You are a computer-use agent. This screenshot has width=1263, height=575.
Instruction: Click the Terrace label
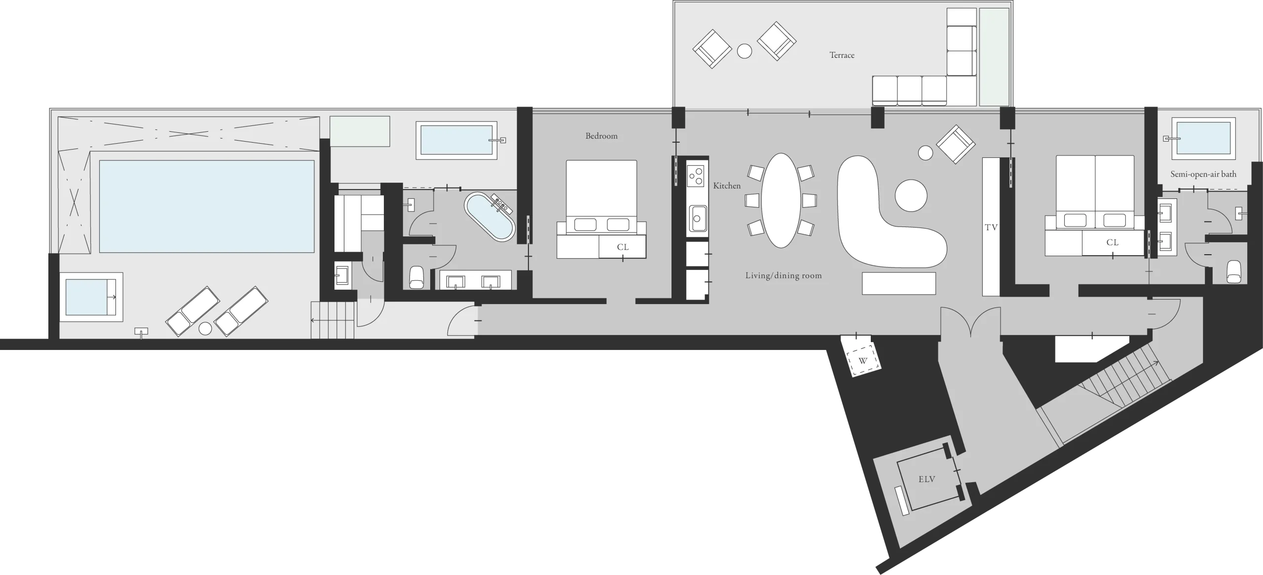tap(842, 55)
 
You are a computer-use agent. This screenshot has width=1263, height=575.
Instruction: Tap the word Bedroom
tap(601, 136)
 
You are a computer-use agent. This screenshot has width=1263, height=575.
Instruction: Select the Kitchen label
tap(727, 186)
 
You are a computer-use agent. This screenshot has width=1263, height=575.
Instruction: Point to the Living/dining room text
tap(783, 275)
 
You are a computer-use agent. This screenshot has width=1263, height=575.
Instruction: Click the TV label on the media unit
tap(991, 228)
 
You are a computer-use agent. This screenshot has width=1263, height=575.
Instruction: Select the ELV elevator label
tap(927, 479)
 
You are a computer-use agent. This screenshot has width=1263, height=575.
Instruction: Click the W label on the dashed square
tap(863, 361)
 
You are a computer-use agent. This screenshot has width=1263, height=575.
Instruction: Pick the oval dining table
tap(781, 200)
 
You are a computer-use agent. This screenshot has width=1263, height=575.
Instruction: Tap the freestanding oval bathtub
tap(490, 217)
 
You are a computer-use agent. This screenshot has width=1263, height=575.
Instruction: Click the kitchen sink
tap(697, 218)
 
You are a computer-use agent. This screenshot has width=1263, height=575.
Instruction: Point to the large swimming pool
tap(207, 206)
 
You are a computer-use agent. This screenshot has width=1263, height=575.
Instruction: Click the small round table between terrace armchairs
tap(744, 51)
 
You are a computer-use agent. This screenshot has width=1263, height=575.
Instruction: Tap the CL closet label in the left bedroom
tap(623, 247)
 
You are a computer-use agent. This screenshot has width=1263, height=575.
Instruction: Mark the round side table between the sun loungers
tap(205, 328)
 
